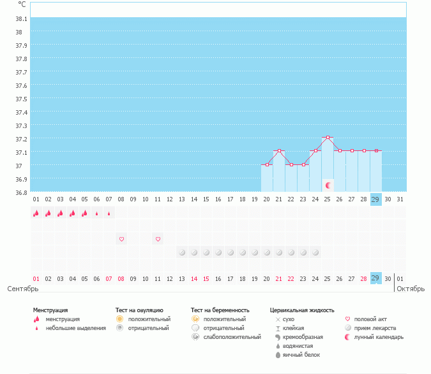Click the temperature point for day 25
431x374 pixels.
[328, 137]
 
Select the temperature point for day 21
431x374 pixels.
[279, 151]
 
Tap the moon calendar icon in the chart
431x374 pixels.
[328, 185]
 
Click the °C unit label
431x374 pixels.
[22, 4]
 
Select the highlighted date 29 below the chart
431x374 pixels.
[375, 278]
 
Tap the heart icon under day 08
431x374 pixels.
[121, 239]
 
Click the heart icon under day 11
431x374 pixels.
[158, 239]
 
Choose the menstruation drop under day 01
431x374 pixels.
[36, 213]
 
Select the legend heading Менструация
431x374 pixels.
[50, 310]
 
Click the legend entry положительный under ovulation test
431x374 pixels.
[148, 319]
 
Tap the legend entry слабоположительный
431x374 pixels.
[232, 336]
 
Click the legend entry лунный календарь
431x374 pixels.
[379, 336]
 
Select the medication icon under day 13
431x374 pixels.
[182, 252]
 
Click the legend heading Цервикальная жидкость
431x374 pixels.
[302, 310]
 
